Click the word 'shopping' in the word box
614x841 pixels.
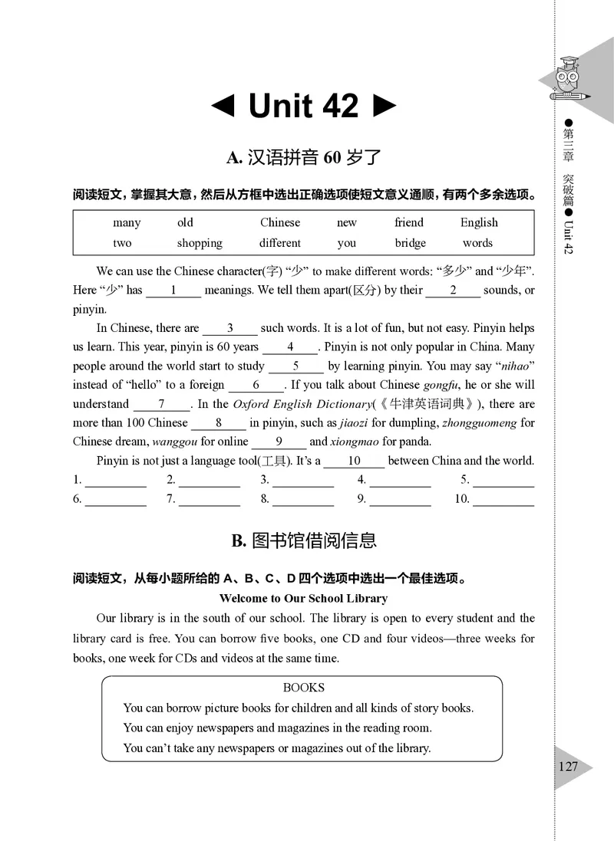click(200, 243)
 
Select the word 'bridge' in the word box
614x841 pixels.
click(410, 243)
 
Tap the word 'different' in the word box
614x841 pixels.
click(280, 243)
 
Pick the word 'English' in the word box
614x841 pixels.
click(479, 222)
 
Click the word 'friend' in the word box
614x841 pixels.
click(409, 222)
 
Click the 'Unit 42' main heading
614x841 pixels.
click(304, 106)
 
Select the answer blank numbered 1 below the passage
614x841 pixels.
click(115, 481)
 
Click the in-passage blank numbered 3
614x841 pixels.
click(230, 328)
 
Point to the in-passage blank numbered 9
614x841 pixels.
click(279, 442)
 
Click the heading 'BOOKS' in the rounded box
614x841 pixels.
click(303, 688)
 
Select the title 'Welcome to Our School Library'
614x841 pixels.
click(303, 598)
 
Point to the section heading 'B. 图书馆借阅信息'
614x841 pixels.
click(304, 540)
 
